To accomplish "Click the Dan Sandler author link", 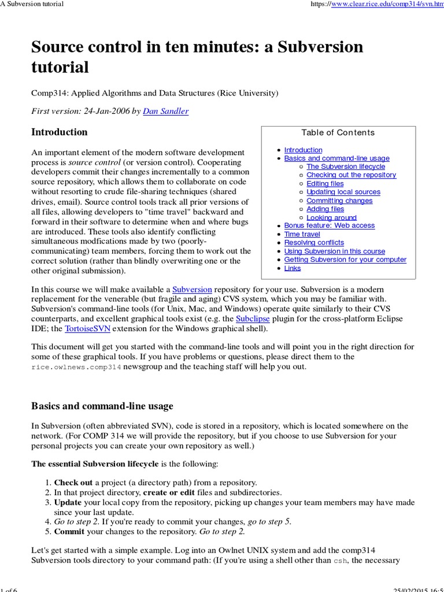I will click(x=165, y=111).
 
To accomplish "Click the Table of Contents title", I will click(x=338, y=132).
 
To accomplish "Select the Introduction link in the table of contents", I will click(x=303, y=150).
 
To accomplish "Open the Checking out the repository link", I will click(x=351, y=175).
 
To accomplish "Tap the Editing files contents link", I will click(x=325, y=183).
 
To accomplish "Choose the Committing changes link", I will click(x=339, y=201).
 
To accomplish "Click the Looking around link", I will click(x=331, y=217).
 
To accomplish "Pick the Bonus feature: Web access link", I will click(x=329, y=225).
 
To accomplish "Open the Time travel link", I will click(x=302, y=234).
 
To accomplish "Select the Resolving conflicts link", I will click(x=314, y=242).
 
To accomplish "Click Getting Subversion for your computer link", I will click(x=345, y=260).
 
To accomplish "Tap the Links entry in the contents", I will click(x=293, y=268).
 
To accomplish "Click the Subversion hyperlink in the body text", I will click(x=193, y=288).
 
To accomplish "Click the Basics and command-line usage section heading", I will click(x=102, y=406).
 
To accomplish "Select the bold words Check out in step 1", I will click(x=73, y=482).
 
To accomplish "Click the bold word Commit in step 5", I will click(x=69, y=531).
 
